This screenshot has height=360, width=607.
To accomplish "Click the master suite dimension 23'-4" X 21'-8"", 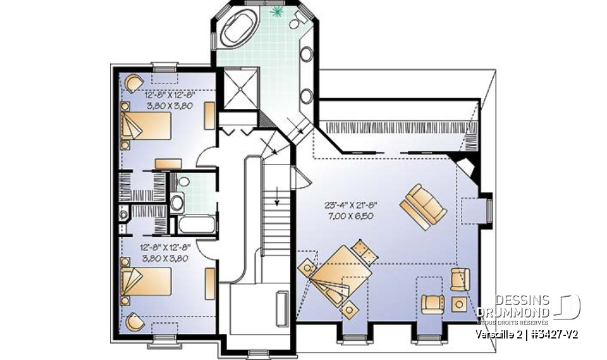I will (x=350, y=205).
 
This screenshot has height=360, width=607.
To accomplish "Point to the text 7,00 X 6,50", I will (x=350, y=216).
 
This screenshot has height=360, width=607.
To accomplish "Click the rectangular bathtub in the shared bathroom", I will (x=193, y=225).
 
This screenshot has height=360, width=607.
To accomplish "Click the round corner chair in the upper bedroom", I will (x=135, y=83).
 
